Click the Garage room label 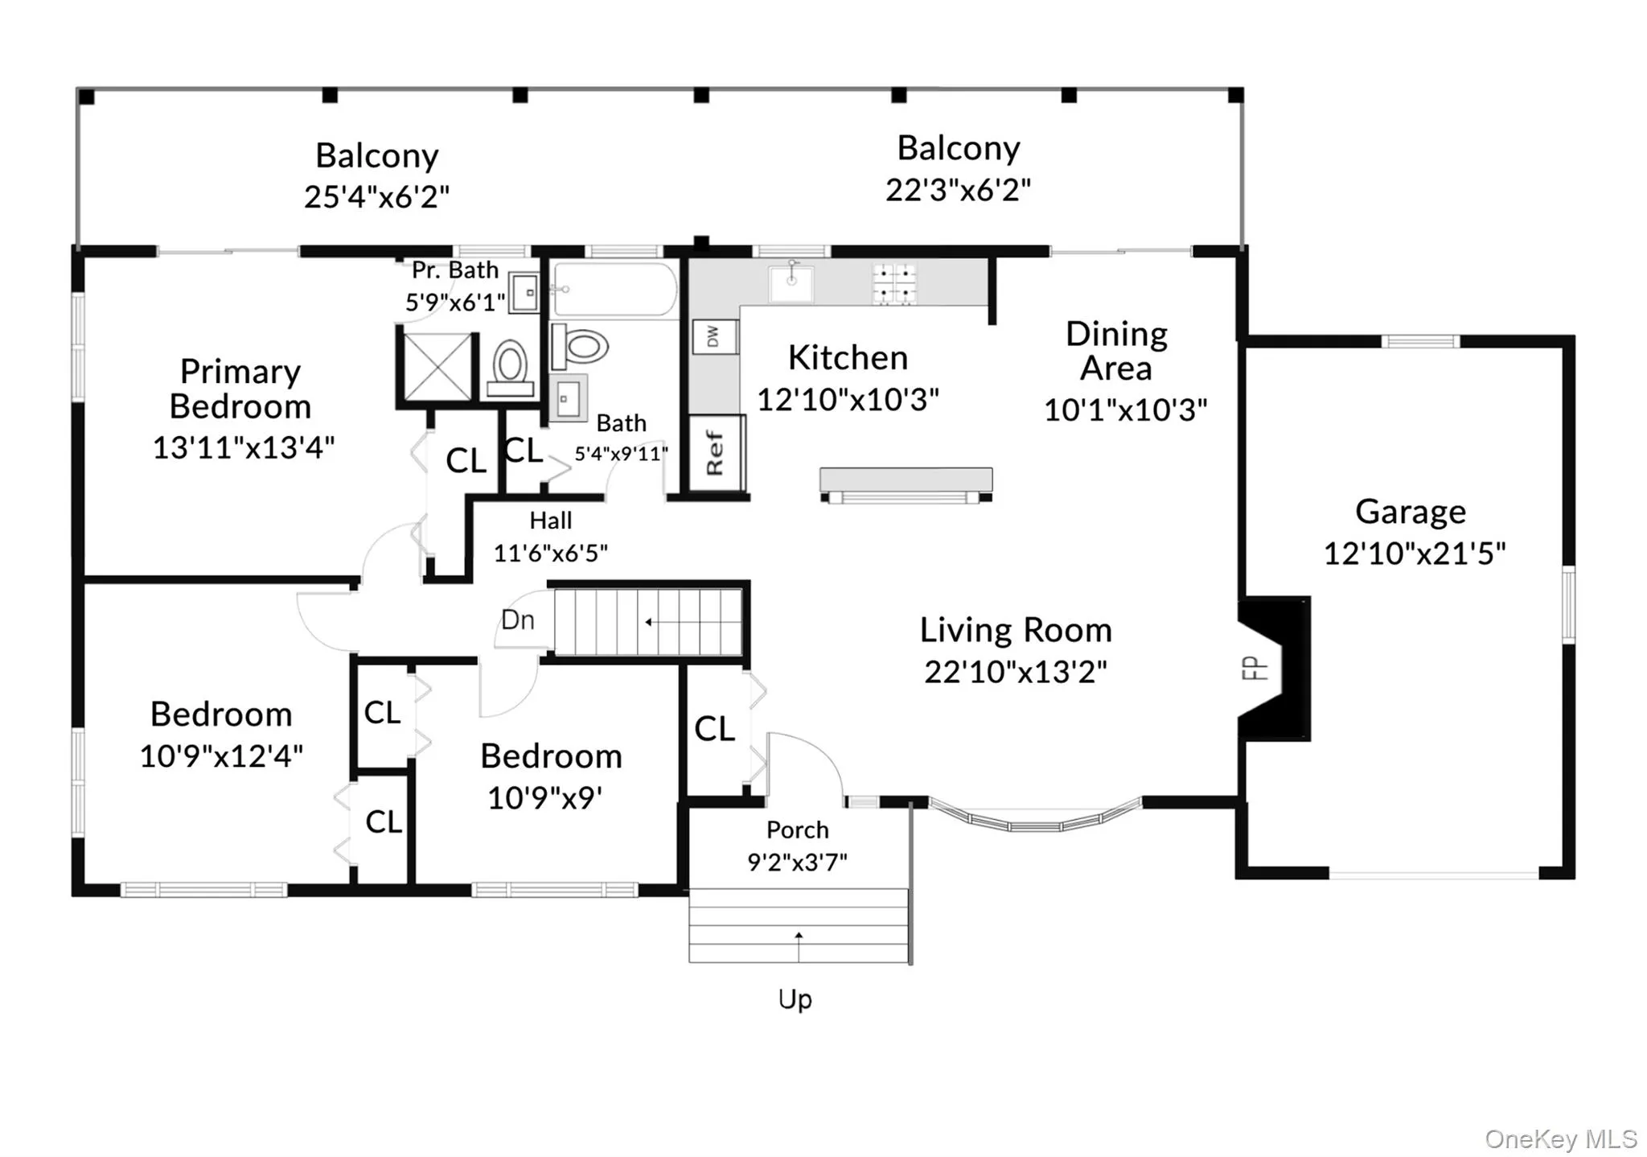coord(1411,512)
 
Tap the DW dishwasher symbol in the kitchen coord(713,337)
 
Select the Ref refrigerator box coord(716,452)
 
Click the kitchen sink coord(791,282)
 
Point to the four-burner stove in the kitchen coord(894,284)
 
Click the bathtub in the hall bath coord(616,289)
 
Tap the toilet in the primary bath coord(510,369)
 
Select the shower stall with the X coord(437,366)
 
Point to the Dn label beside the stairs coord(517,620)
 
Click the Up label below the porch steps coord(795,999)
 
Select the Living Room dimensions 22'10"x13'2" coord(1015,671)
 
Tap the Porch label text coord(797,830)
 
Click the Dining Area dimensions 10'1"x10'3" coord(1125,410)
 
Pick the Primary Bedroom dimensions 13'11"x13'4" coord(243,447)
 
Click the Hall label coord(551,521)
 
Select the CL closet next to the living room coord(714,729)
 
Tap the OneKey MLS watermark coord(1561,1139)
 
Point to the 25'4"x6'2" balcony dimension coord(376,196)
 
